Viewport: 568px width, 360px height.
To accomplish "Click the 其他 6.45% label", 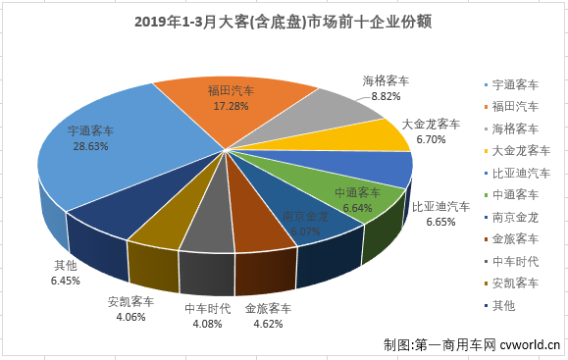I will point(66,273).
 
